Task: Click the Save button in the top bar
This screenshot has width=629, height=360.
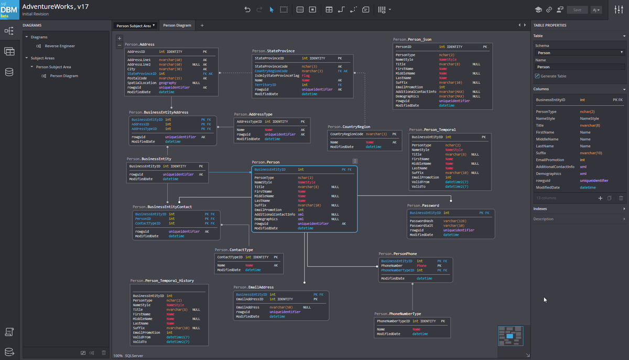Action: tap(577, 9)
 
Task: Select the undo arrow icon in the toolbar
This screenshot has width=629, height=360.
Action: tap(247, 9)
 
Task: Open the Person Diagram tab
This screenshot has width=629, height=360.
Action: tap(177, 25)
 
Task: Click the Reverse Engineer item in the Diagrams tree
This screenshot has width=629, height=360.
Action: tap(59, 46)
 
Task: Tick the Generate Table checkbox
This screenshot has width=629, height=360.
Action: tap(537, 76)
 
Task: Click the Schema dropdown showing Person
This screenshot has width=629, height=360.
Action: tap(580, 52)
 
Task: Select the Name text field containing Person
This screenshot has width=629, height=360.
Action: tap(580, 67)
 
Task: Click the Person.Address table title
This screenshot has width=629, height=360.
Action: tap(139, 45)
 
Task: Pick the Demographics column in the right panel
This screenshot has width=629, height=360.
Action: tap(549, 173)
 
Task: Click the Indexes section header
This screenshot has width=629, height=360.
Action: tap(540, 209)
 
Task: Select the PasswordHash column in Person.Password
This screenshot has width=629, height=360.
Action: tap(421, 221)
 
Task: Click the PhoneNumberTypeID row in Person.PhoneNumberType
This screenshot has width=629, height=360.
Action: tap(394, 321)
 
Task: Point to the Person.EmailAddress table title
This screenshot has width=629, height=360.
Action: tap(254, 287)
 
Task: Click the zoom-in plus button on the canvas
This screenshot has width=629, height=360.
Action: tap(120, 38)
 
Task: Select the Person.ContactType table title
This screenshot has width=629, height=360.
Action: tap(234, 250)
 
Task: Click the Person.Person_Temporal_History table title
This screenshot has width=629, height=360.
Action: tap(162, 280)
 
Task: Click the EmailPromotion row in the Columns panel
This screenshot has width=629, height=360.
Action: tap(549, 160)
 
